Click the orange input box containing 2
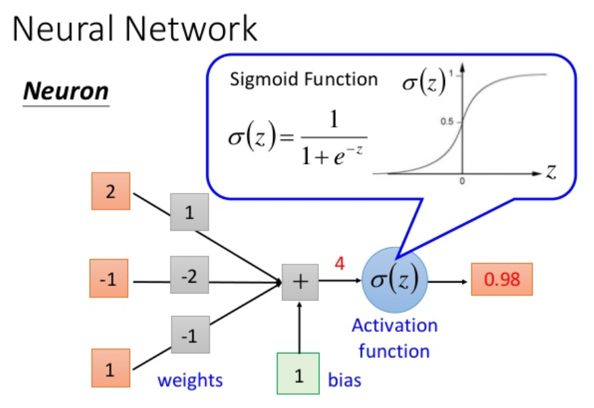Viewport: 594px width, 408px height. click(x=111, y=191)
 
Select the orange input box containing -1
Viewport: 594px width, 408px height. click(x=109, y=278)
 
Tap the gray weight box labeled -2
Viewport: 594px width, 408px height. click(x=189, y=274)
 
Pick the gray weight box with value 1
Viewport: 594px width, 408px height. click(x=189, y=212)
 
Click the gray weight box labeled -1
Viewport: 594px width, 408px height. click(x=190, y=334)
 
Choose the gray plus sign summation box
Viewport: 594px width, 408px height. click(x=300, y=283)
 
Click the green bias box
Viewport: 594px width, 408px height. click(x=298, y=374)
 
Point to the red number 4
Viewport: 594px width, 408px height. click(x=340, y=263)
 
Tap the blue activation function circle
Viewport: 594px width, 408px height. click(x=394, y=280)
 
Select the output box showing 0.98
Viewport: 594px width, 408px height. click(x=502, y=279)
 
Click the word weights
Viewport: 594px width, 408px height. click(x=190, y=380)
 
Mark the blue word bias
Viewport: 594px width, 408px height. click(x=345, y=380)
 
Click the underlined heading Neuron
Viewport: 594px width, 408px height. click(x=66, y=91)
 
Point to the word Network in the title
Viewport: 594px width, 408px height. click(x=191, y=28)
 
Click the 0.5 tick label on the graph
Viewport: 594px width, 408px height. click(x=446, y=121)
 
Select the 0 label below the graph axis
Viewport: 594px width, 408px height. click(x=462, y=181)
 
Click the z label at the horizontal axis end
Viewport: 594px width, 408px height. click(x=550, y=171)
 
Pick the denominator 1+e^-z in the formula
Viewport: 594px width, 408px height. click(x=332, y=154)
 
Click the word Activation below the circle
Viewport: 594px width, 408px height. click(x=394, y=326)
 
